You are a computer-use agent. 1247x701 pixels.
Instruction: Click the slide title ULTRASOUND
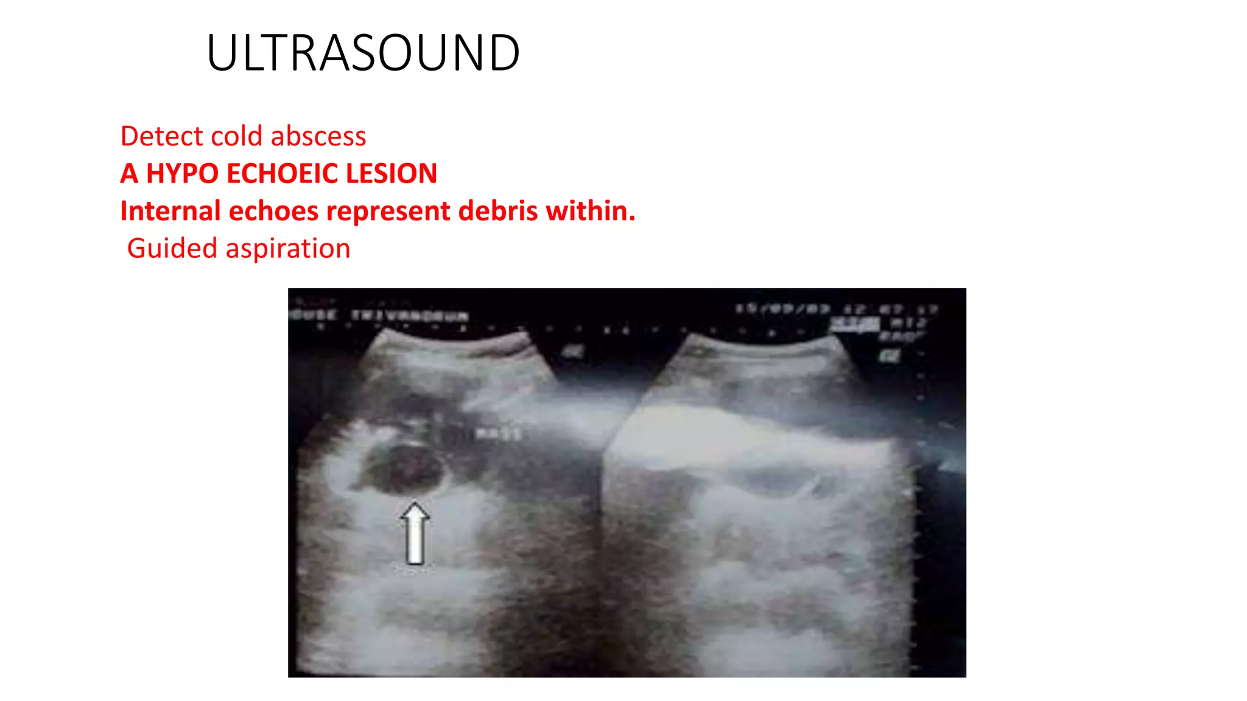pos(363,53)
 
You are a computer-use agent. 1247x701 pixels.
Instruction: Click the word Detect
pos(162,136)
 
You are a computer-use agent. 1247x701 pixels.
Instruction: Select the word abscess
pos(318,136)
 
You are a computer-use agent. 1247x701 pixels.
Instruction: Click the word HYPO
pos(182,173)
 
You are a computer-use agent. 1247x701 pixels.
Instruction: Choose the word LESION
pos(392,173)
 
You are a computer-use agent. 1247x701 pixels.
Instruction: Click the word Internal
pos(170,211)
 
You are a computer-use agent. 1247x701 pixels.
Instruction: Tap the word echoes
pos(273,211)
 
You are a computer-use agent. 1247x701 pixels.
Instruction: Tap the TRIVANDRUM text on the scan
pos(409,316)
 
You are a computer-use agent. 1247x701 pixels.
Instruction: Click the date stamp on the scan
pos(782,309)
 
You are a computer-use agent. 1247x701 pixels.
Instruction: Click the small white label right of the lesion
pos(498,434)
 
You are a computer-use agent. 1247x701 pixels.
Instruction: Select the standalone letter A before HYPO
pos(129,173)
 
